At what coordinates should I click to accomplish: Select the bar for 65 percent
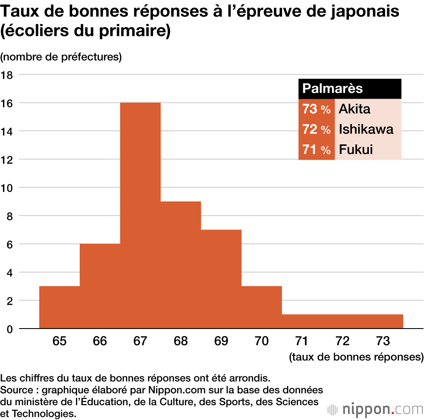(x=59, y=307)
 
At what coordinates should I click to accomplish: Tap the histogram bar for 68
(x=181, y=265)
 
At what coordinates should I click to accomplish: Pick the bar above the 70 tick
(x=262, y=307)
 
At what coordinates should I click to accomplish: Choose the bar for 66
(x=100, y=286)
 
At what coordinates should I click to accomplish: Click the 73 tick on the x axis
(x=382, y=341)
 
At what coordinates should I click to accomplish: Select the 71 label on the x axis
(x=301, y=341)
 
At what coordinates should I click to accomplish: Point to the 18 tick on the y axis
(x=8, y=75)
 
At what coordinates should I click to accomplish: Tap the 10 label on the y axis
(x=8, y=188)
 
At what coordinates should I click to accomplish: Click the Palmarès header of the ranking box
(x=332, y=88)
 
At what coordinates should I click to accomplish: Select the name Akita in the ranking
(x=354, y=109)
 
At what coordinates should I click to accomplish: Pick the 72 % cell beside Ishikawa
(x=316, y=129)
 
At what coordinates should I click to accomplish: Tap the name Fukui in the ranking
(x=356, y=149)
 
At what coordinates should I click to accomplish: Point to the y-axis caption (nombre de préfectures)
(x=61, y=57)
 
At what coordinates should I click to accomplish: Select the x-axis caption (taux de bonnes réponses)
(x=356, y=357)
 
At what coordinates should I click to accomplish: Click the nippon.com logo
(x=376, y=409)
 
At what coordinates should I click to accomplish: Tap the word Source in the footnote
(x=17, y=390)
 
